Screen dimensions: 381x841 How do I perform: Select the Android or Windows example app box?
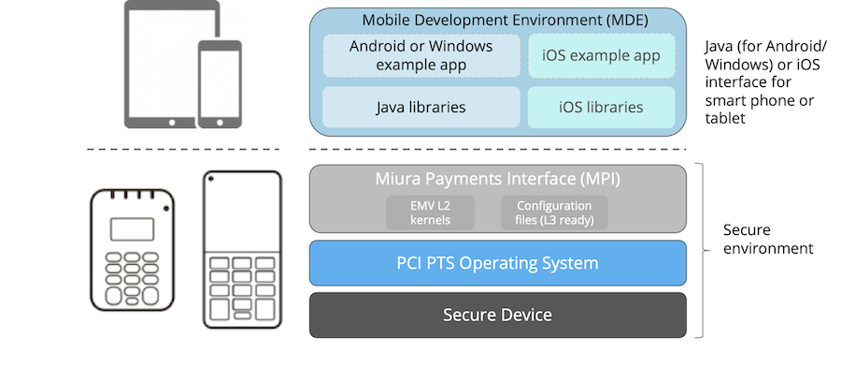pos(420,55)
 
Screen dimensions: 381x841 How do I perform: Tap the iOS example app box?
pos(601,55)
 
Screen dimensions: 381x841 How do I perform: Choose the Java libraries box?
pos(420,107)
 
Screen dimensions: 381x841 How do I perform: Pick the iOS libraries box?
pos(601,107)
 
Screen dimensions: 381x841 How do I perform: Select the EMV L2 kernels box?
pos(431,212)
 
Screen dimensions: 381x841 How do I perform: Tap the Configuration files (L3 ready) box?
pos(554,212)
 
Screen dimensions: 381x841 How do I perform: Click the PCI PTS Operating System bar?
pos(497,263)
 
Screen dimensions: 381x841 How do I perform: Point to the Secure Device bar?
pos(497,315)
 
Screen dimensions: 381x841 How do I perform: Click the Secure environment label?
pos(768,239)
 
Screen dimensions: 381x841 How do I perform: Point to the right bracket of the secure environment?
pos(701,248)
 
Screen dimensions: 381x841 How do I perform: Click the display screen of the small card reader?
pos(131,228)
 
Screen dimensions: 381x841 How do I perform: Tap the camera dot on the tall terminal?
pos(213,179)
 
